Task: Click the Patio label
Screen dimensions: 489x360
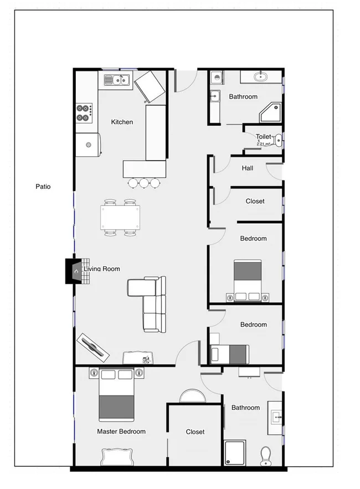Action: [43, 187]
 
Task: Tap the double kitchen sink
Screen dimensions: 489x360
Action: [117, 81]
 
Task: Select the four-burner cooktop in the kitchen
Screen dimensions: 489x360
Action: [84, 113]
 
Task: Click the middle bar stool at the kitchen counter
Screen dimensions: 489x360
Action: [144, 182]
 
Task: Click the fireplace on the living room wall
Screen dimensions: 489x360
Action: [73, 271]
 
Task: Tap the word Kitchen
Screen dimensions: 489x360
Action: [122, 122]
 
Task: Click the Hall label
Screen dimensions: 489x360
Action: [248, 168]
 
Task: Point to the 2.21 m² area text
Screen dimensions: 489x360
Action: [263, 144]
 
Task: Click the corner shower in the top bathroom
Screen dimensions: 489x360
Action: [271, 112]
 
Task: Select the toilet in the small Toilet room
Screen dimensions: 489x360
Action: [278, 139]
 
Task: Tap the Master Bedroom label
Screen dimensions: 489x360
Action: [121, 431]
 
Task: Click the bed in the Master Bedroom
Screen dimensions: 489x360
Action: [116, 396]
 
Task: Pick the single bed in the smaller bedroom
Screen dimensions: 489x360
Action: [230, 353]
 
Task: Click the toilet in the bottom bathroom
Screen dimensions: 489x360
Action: [266, 455]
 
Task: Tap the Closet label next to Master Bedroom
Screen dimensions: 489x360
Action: [195, 432]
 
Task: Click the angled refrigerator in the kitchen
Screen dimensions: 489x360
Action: [150, 86]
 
